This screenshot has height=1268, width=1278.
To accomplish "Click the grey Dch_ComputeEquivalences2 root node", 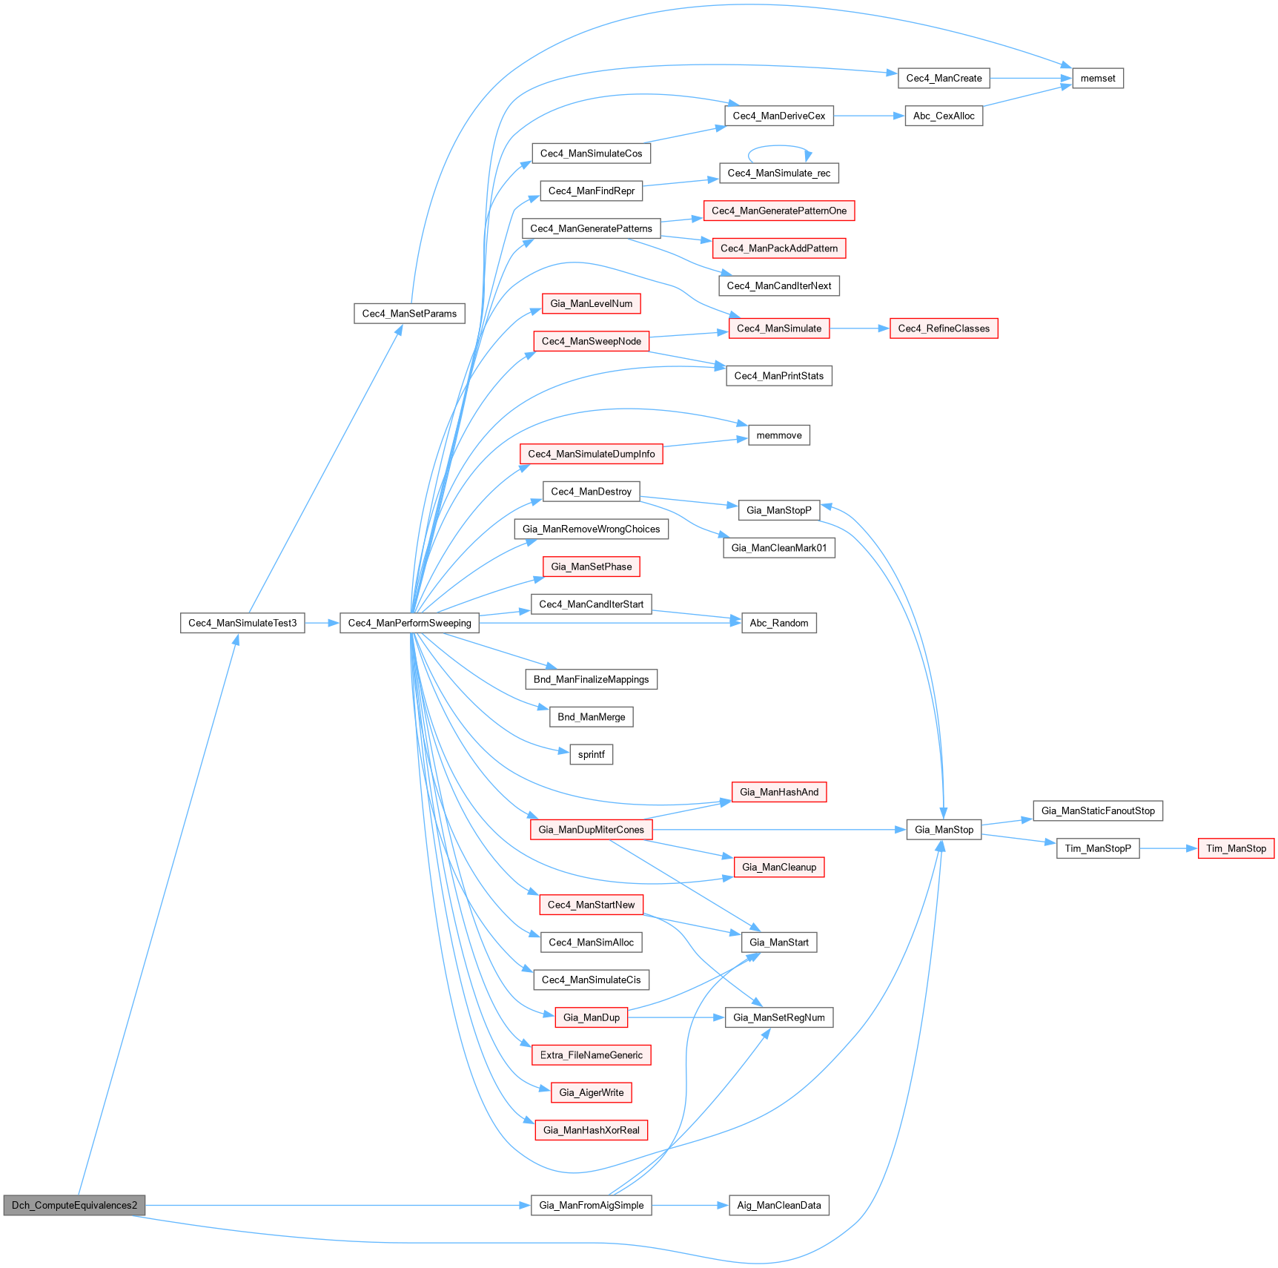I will (x=74, y=1205).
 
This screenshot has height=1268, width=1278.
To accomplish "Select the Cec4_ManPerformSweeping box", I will (x=409, y=623).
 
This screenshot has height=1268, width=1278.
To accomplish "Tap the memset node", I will (x=1097, y=78).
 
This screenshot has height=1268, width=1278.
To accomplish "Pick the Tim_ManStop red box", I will (x=1236, y=848).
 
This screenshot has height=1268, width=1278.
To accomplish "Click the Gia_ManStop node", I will (x=944, y=830).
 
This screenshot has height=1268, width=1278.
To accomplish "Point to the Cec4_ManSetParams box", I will (x=409, y=314).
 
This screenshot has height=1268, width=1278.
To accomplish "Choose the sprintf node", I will (x=591, y=755).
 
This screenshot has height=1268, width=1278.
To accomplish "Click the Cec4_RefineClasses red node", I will (x=944, y=328).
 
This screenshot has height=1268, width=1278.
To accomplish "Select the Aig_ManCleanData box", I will (x=778, y=1205).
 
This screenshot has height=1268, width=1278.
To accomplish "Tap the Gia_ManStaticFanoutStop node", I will (x=1098, y=810).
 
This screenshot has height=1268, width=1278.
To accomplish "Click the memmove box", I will (x=778, y=435).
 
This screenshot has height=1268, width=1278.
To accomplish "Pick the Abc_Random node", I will (x=778, y=623).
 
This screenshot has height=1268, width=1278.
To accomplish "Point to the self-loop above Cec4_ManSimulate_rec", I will (x=778, y=148).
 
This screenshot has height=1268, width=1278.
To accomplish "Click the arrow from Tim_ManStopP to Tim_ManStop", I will (x=1168, y=848).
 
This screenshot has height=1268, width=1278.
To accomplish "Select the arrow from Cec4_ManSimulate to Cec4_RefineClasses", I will (x=859, y=328).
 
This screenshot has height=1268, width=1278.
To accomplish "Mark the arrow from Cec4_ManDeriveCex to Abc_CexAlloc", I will (x=869, y=116).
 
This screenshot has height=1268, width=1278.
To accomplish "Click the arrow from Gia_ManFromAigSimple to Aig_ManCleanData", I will (x=690, y=1205).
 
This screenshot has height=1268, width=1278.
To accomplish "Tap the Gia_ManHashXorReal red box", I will (x=591, y=1130).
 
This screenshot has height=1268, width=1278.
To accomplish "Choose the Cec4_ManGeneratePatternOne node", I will (x=778, y=211).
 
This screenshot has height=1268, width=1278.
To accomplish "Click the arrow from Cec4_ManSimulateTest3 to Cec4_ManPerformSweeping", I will (x=322, y=623).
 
